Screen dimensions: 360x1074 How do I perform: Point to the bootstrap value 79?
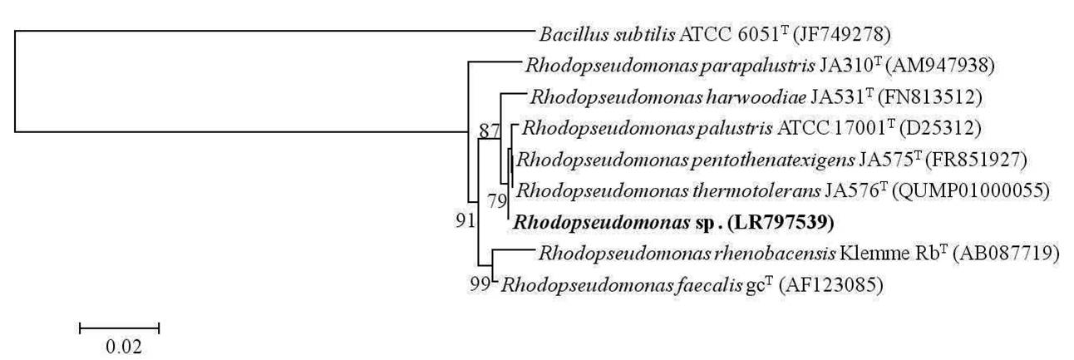[x=497, y=200]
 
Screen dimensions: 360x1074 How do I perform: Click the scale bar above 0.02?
[x=119, y=328]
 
